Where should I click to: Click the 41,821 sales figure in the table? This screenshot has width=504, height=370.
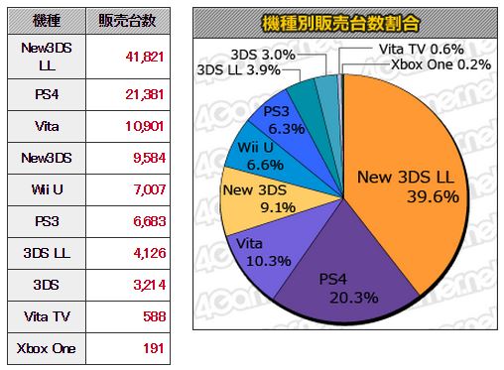[x=145, y=57]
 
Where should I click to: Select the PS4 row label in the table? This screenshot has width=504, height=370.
[x=47, y=94]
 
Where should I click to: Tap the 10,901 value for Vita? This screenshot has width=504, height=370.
[x=145, y=126]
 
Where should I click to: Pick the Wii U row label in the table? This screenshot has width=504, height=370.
[x=47, y=189]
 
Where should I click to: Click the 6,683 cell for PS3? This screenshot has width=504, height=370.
[x=149, y=221]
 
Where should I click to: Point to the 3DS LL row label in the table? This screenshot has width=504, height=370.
[x=47, y=253]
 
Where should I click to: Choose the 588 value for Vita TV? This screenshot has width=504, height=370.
[x=154, y=316]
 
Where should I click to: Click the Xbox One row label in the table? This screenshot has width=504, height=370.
[x=47, y=348]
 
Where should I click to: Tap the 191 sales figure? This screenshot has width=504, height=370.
[x=154, y=348]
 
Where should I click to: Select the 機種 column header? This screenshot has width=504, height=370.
[x=47, y=21]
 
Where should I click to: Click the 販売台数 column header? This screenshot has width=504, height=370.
[x=127, y=21]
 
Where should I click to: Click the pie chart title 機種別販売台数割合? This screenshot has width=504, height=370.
[x=340, y=24]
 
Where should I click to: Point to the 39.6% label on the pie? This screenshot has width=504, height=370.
[x=433, y=196]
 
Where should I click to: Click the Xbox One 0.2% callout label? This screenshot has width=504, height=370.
[x=441, y=64]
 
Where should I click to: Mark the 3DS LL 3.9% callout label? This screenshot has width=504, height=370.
[x=238, y=70]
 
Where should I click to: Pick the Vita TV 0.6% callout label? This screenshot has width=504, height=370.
[x=421, y=50]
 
